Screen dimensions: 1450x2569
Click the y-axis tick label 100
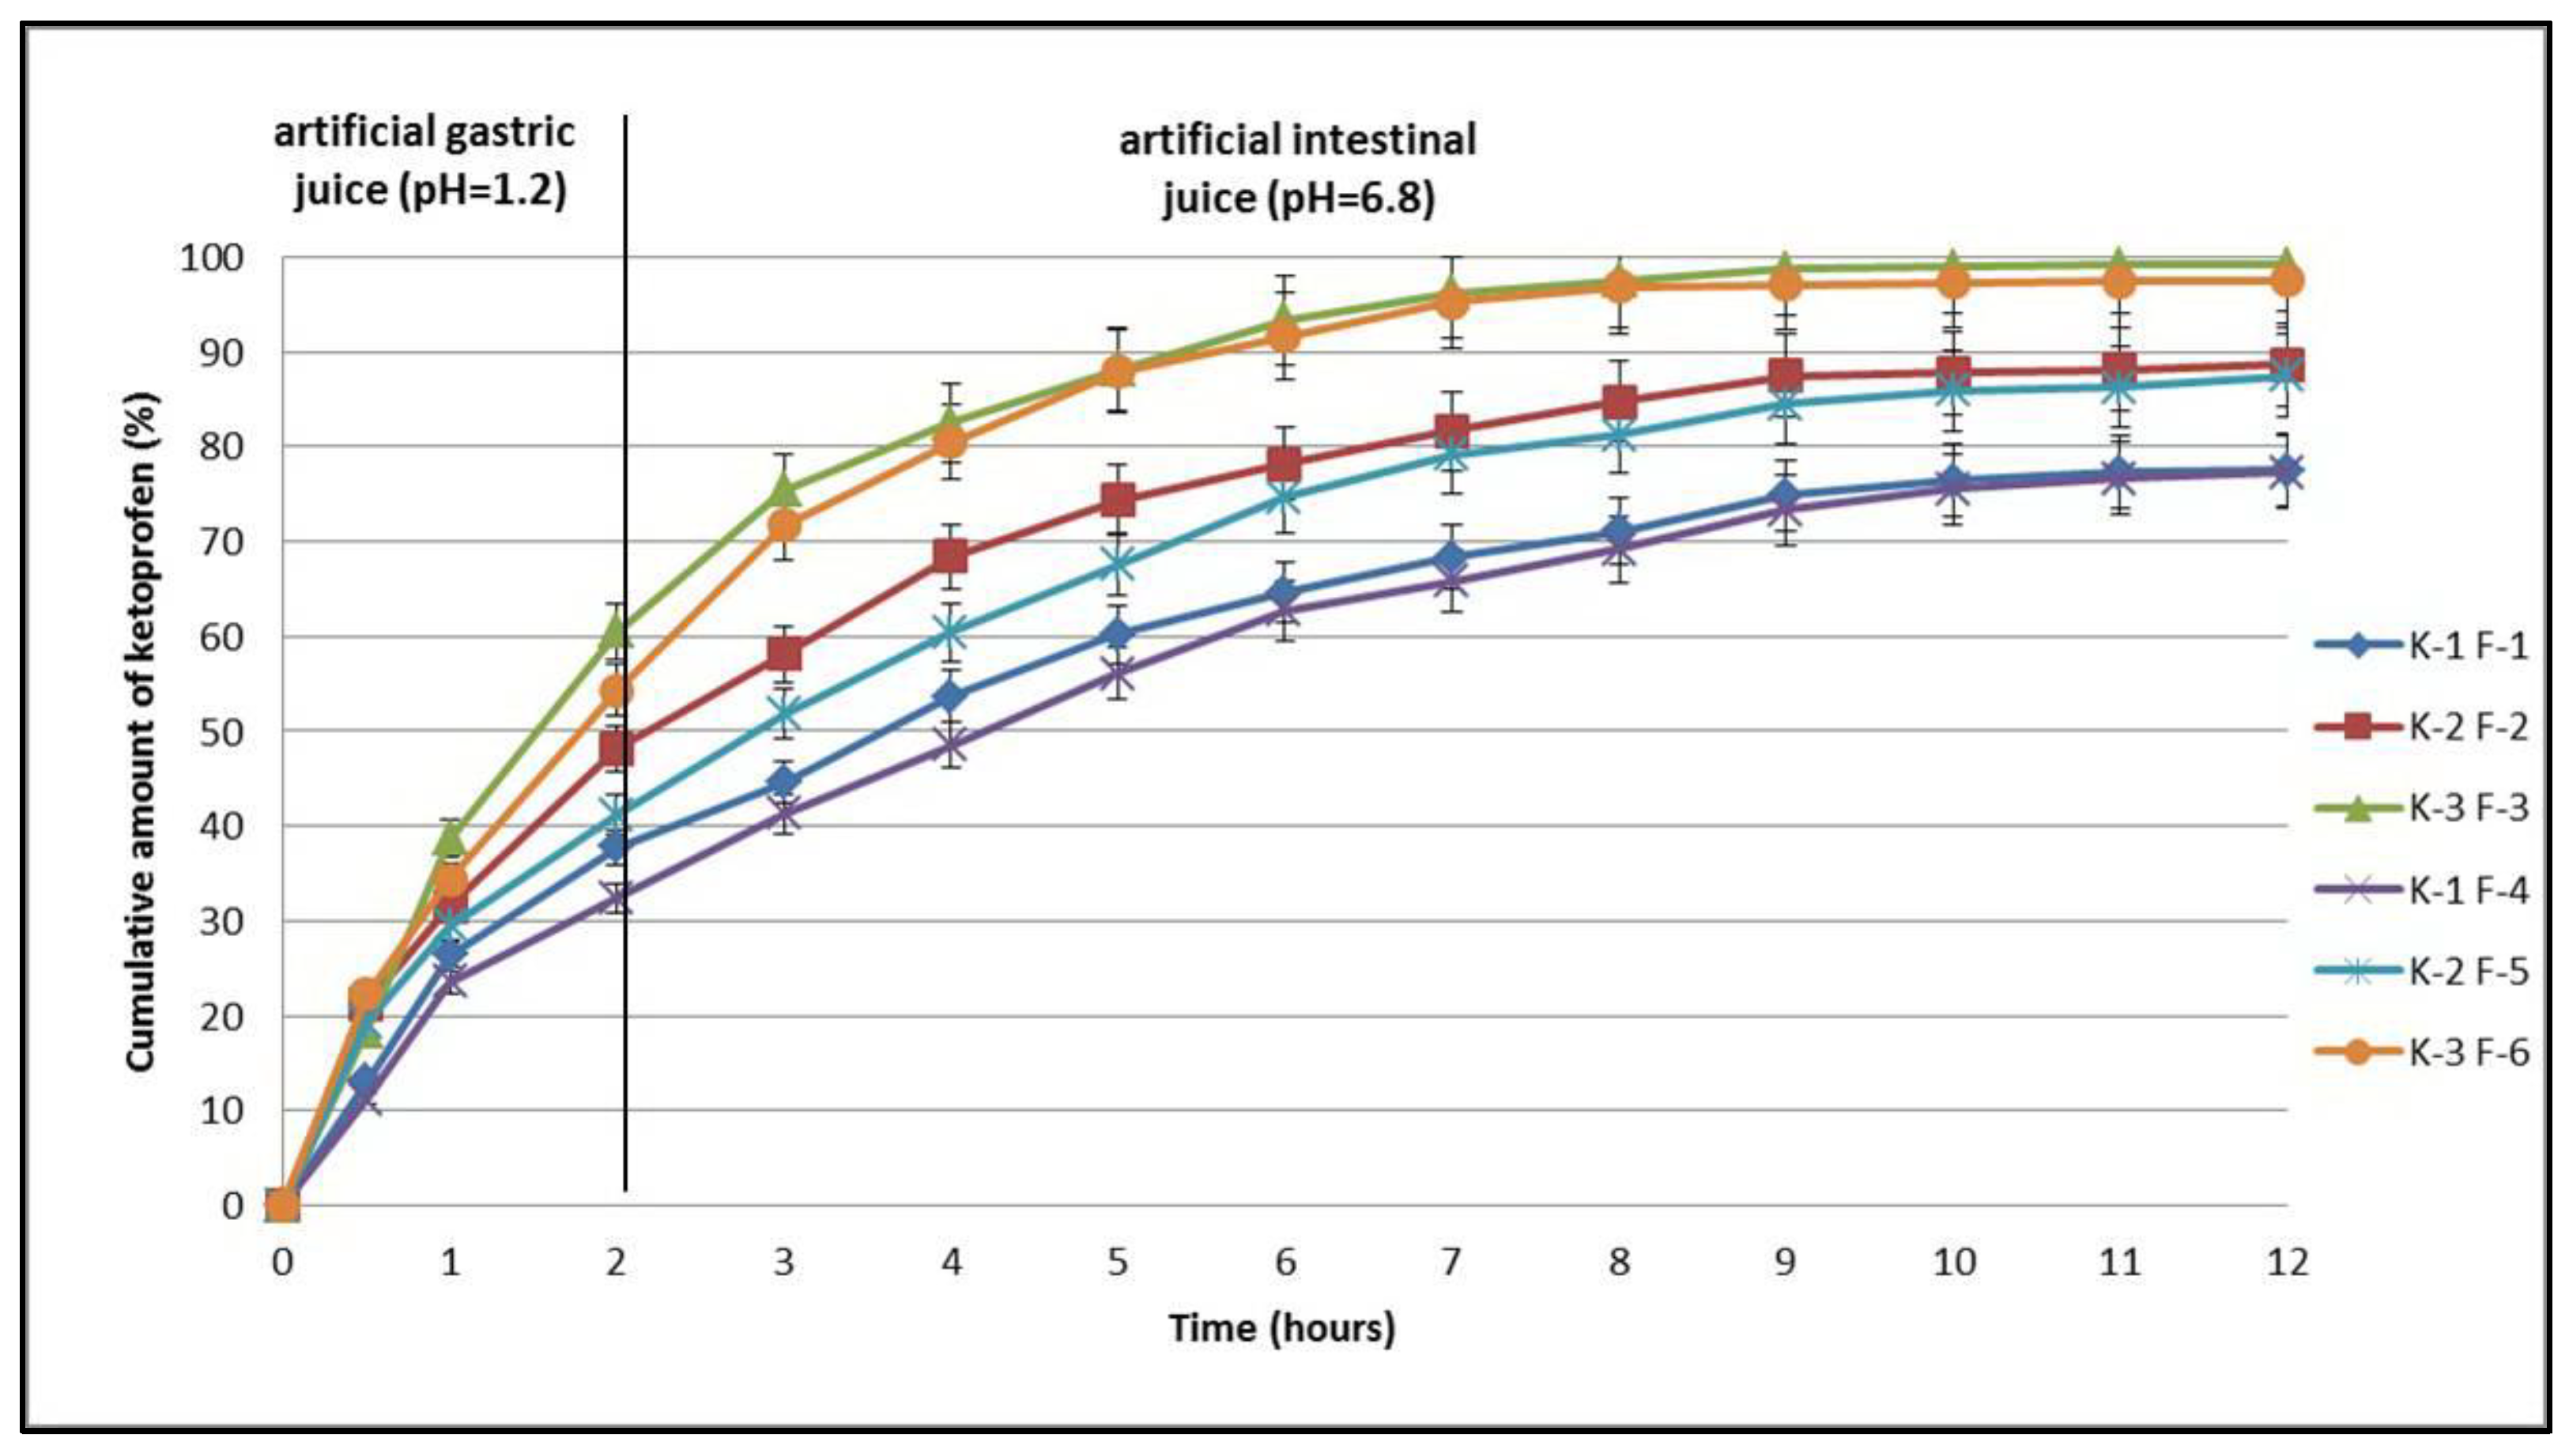pyautogui.click(x=210, y=259)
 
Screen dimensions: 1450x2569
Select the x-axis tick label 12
pyautogui.click(x=2287, y=1263)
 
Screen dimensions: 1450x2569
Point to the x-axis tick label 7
pyautogui.click(x=1451, y=1263)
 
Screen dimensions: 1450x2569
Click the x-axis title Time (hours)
pyautogui.click(x=1281, y=1328)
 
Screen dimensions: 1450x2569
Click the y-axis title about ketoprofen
pyautogui.click(x=142, y=733)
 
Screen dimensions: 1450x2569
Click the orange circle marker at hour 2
pyautogui.click(x=617, y=691)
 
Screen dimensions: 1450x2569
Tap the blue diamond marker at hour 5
pyautogui.click(x=1118, y=634)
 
